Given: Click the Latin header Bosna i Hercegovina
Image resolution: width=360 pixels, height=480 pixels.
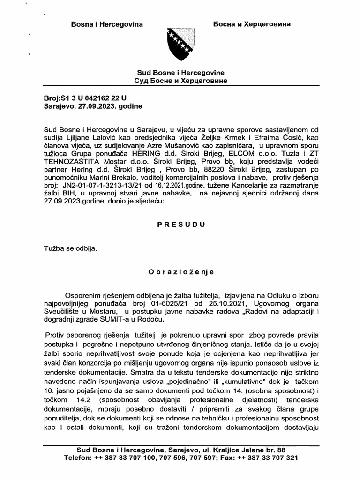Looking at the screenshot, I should point(106,23).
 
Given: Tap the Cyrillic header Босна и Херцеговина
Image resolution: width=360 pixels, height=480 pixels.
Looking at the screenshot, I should point(251,23).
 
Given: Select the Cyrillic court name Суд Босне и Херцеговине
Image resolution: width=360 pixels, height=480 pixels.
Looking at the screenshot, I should point(180,81).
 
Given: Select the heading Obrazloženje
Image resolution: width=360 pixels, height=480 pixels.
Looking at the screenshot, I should point(180,271).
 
